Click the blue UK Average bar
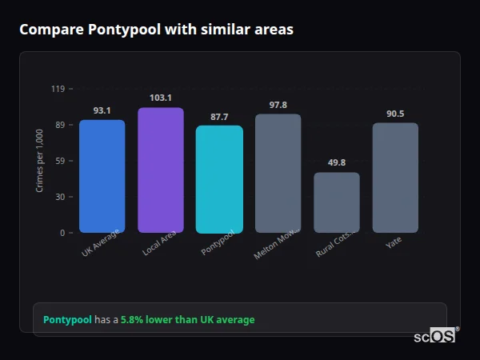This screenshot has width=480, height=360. [102, 176]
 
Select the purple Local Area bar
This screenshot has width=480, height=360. [161, 170]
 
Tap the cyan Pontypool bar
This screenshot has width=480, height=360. [219, 179]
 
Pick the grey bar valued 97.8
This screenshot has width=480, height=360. [278, 174]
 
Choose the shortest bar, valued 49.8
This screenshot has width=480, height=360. [337, 202]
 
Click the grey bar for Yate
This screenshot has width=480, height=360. [395, 178]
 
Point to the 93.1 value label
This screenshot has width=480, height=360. [102, 110]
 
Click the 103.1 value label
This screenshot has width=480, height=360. [161, 98]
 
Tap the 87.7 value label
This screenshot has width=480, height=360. [219, 117]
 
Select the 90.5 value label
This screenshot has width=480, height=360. [395, 114]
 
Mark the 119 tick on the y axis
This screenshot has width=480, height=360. [58, 89]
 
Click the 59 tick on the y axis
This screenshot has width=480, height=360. [59, 161]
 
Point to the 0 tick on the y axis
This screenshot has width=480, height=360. [62, 233]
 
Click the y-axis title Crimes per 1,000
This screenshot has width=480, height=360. [40, 161]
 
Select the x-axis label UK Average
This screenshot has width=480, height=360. [101, 243]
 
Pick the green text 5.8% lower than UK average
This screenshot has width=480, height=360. [187, 320]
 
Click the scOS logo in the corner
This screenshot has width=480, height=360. [434, 336]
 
